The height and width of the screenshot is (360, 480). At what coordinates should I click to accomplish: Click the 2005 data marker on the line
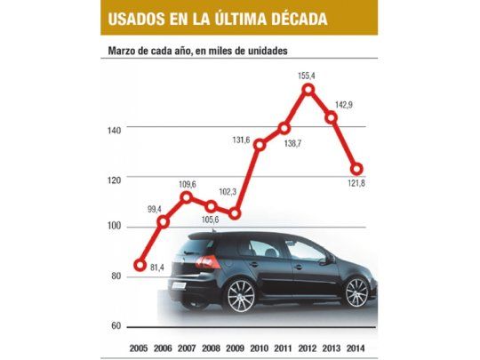140,264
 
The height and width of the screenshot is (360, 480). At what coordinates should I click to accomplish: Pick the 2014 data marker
357,169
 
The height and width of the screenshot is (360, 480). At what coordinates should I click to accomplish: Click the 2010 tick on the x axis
260,347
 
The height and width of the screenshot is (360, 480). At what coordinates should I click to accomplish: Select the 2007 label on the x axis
188,347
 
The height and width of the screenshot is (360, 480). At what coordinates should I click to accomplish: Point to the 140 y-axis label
113,130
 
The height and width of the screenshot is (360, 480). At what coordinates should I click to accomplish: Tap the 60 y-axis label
116,326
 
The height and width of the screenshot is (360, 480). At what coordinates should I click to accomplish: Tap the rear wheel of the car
241,295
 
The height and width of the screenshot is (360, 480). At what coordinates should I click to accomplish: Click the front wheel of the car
356,292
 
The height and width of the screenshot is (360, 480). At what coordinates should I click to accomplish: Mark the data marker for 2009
236,213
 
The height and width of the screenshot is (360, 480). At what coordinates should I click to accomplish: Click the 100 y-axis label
113,228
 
